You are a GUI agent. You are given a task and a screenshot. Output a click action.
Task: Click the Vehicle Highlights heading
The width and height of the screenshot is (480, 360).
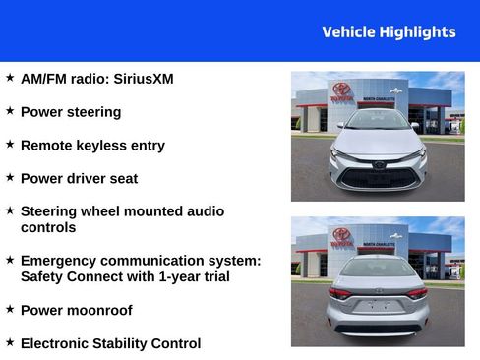pos(389,32)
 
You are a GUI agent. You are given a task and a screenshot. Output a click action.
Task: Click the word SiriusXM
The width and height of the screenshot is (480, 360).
pos(144,79)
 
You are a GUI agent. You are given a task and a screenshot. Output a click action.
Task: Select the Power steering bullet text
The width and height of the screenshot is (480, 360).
pos(71,112)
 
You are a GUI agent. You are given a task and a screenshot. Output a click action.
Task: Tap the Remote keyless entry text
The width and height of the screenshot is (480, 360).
pos(92,146)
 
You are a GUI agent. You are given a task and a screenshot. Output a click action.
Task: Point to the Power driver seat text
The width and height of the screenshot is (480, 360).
pos(79,179)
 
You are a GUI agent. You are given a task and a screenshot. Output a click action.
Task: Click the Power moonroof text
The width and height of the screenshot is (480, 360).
pos(76,311)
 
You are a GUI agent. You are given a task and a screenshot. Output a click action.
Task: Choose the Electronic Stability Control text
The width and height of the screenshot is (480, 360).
pos(110,344)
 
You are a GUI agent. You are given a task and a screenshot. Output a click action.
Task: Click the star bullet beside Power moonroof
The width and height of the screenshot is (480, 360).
pos(10,309)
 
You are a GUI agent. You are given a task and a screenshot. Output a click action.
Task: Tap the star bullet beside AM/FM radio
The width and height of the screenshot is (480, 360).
pos(10,77)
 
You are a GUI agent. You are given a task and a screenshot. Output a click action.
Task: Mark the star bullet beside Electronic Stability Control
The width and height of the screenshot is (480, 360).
pos(10,342)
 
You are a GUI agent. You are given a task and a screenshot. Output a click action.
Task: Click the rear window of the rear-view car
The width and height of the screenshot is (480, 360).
pos(378,267)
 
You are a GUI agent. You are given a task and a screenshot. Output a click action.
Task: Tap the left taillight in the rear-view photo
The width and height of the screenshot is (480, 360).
pos(340,293)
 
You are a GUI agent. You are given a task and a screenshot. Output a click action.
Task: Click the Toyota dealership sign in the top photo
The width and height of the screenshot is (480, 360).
pos(341,91)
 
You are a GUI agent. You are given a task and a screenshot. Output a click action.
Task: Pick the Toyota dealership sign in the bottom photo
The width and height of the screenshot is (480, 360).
pos(341,237)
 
